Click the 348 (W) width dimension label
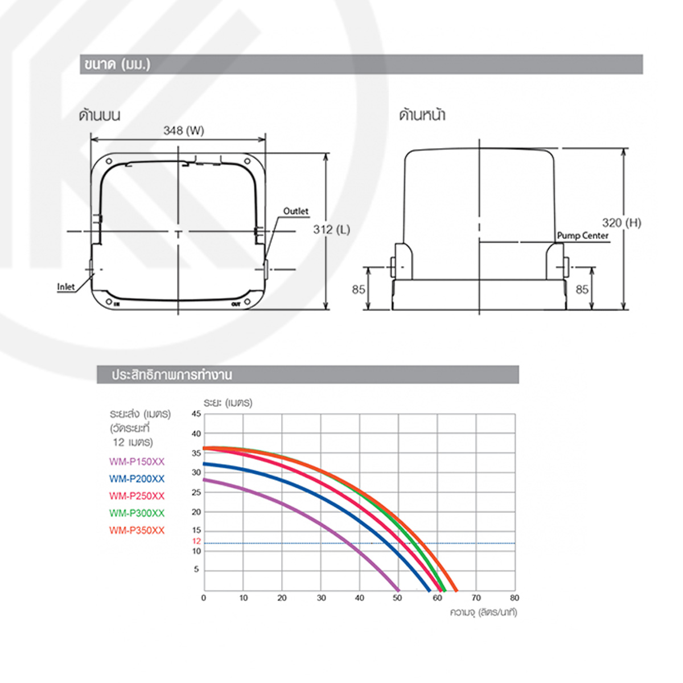point(184,131)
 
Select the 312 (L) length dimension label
point(331,230)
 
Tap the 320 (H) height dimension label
point(622,223)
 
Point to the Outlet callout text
point(295,211)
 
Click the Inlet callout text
point(66,287)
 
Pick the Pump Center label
point(582,236)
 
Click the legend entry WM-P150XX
point(137,462)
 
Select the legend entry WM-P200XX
point(137,479)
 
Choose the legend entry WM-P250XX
point(137,496)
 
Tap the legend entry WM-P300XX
point(137,513)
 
